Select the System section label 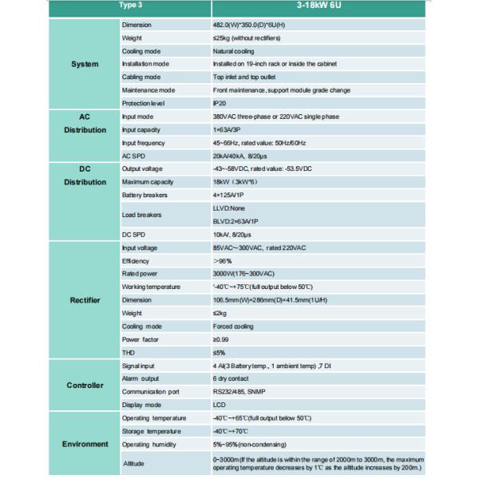tap(85, 65)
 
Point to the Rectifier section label tap(85, 301)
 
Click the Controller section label tap(85, 385)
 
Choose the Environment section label tap(85, 444)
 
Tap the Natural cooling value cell tap(234, 51)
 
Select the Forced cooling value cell tap(232, 326)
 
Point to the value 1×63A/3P tap(229, 129)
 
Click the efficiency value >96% tap(221, 260)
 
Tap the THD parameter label tap(128, 351)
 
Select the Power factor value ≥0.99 tap(221, 338)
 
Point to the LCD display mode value tap(220, 404)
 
